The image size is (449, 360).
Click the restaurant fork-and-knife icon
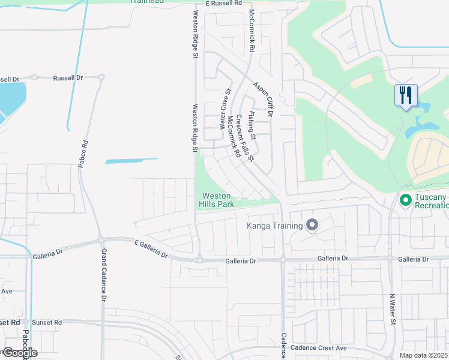coord(406,95)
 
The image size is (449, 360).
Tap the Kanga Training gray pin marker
coord(312,226)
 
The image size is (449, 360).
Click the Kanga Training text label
coord(275,226)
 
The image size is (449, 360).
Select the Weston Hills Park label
coord(217,200)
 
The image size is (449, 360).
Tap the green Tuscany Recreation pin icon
coord(405,199)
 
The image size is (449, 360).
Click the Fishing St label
coord(252,125)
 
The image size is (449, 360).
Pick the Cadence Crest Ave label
coord(319,348)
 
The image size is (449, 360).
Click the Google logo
coord(19,353)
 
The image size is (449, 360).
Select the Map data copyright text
coord(424,355)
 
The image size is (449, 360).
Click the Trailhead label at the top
coord(148,2)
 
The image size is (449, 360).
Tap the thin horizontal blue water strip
coord(132,160)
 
